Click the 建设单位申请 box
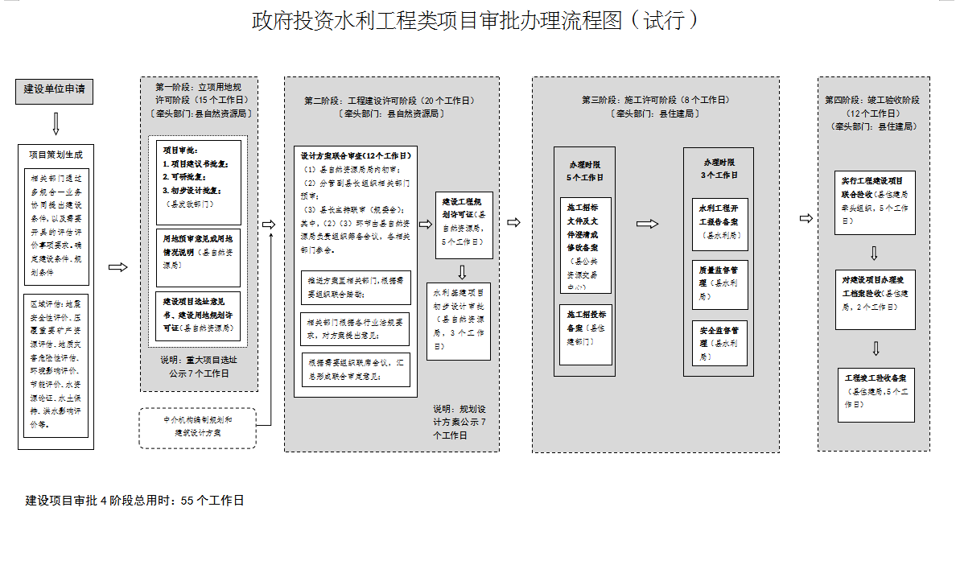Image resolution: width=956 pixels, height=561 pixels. (55, 91)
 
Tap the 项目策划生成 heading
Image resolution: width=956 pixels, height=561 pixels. (56, 155)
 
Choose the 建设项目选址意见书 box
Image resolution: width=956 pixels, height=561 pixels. (198, 315)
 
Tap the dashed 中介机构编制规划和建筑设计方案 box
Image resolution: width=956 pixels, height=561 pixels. (198, 427)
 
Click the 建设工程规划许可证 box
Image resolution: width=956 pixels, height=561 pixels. (464, 225)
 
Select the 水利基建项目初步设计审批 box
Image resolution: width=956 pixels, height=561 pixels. (459, 321)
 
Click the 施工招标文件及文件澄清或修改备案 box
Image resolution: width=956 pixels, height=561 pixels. (585, 245)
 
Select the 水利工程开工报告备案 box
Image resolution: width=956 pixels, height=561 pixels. (719, 223)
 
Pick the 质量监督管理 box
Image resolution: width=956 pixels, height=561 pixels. (719, 283)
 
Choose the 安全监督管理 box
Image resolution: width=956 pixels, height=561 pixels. (719, 342)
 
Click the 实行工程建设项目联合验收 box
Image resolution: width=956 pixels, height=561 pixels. (874, 201)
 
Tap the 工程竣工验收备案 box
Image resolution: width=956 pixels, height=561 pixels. (875, 394)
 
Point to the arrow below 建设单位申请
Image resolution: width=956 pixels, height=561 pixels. (56, 123)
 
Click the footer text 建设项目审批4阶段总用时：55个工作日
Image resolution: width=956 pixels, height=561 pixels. (134, 501)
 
